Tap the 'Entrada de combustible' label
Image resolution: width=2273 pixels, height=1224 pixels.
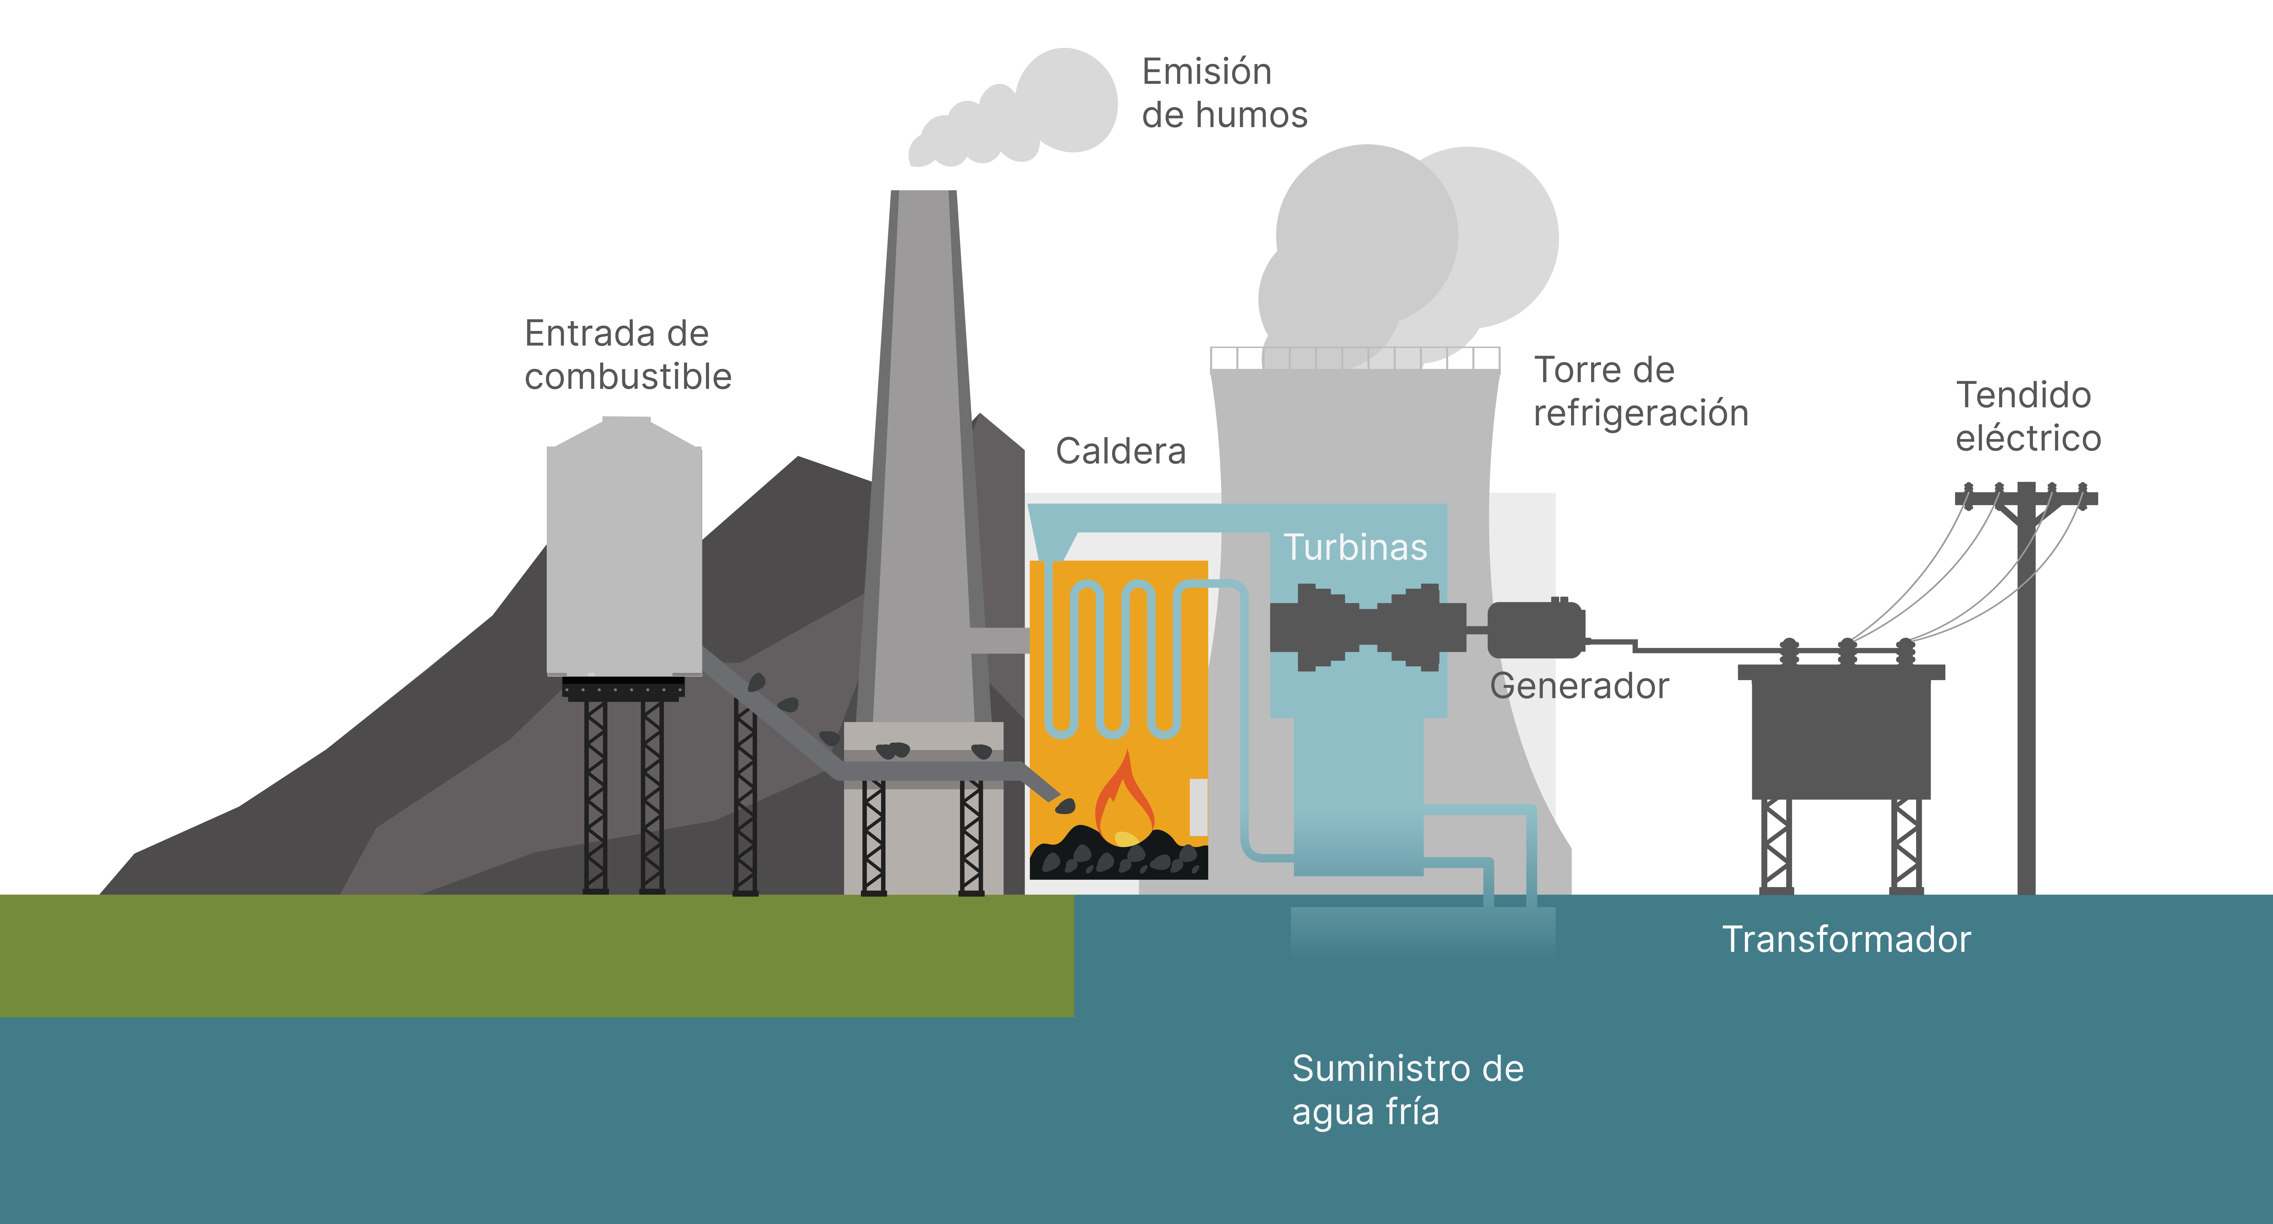coord(627,354)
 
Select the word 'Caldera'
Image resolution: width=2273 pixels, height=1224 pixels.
coord(1121,452)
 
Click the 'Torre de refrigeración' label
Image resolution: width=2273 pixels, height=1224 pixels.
coord(1640,392)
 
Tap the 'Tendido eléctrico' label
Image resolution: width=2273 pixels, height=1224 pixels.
coord(2028,416)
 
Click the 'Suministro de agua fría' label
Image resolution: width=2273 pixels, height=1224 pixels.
coord(1407,1090)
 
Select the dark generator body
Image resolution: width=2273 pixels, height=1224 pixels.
coord(1535,629)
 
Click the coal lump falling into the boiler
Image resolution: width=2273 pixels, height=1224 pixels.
coord(1065,805)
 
